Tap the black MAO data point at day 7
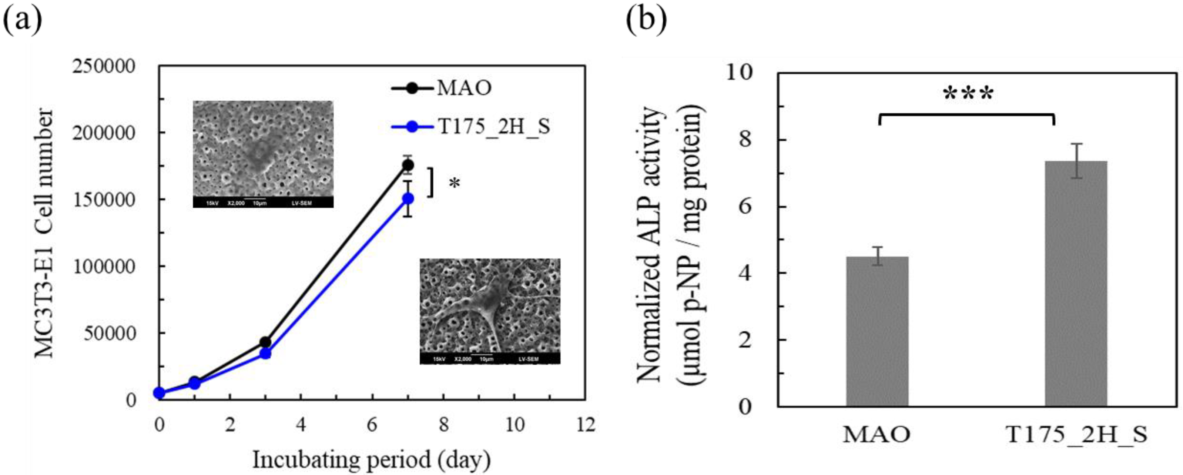pos(408,165)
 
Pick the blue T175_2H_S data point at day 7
pos(408,198)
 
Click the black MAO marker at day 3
pos(265,342)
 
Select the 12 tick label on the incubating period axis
pos(586,425)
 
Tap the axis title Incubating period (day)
pos(371,460)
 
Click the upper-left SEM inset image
pos(263,154)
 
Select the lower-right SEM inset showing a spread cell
pos(490,311)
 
